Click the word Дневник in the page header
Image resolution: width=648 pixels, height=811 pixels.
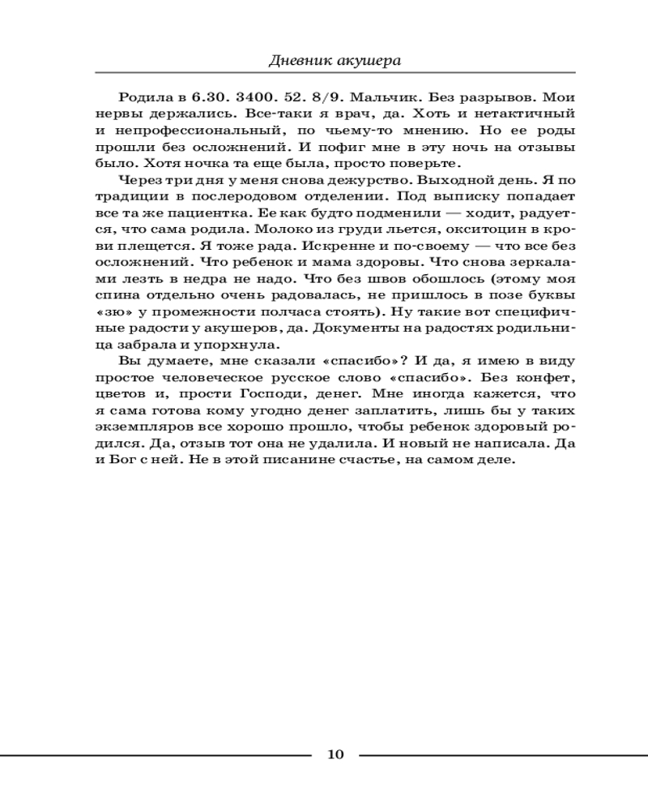[x=296, y=61]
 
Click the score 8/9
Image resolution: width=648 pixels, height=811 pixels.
[x=341, y=96]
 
